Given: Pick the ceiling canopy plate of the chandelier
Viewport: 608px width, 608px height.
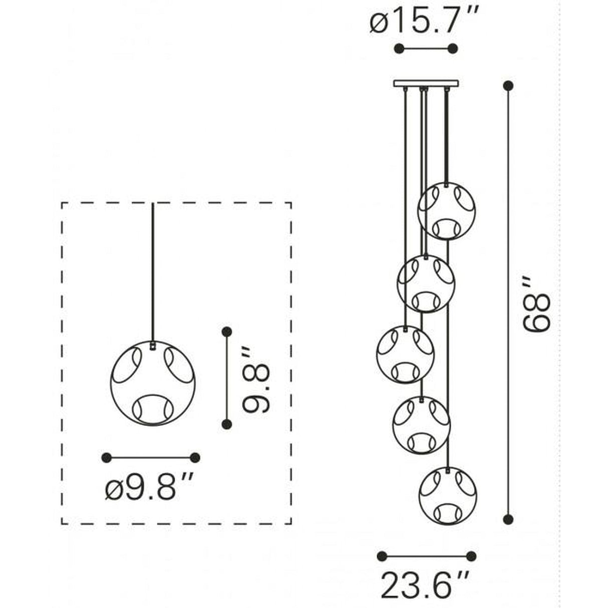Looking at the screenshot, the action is pos(426,83).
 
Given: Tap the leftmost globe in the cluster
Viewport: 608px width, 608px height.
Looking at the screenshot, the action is pos(405,354).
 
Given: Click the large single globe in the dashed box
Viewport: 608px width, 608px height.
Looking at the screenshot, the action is pos(153,383).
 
